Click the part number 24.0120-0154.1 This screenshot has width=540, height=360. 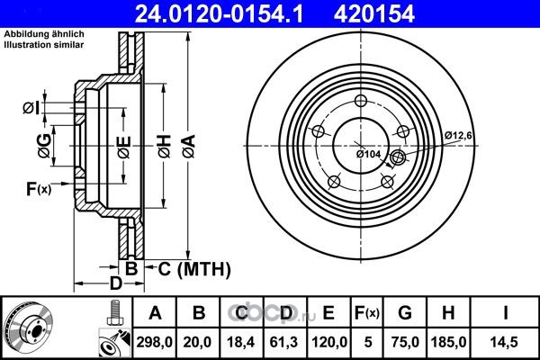click(x=219, y=14)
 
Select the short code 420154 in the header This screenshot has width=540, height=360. click(x=374, y=14)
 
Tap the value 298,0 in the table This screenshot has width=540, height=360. click(x=154, y=342)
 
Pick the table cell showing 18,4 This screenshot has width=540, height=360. click(x=240, y=342)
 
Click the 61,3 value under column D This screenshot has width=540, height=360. click(x=284, y=342)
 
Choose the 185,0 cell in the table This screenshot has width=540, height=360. click(x=448, y=342)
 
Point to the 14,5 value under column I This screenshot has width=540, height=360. click(x=505, y=342)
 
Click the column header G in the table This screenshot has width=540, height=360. click(x=405, y=313)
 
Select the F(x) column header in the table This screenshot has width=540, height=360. click(x=367, y=313)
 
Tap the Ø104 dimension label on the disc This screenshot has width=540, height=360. click(x=368, y=154)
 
